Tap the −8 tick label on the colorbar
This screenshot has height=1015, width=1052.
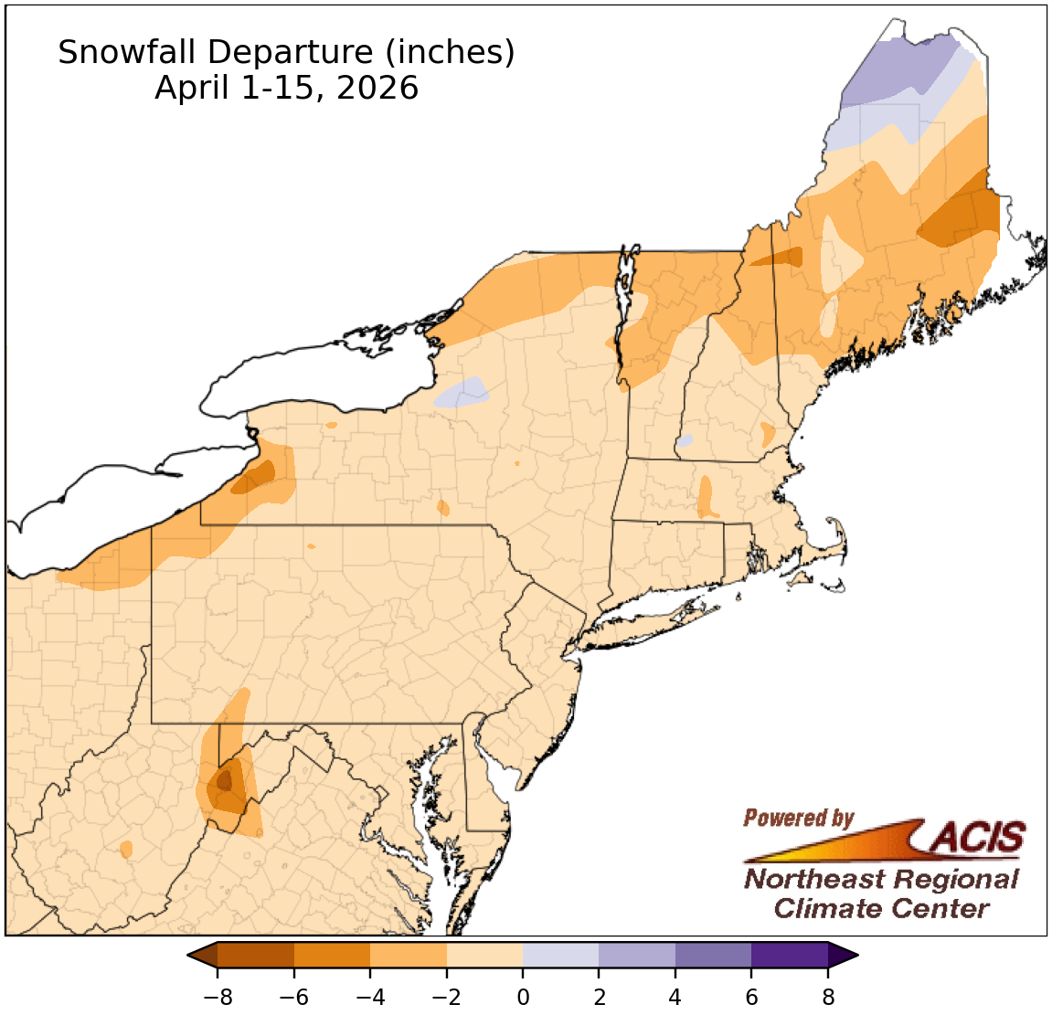point(217,997)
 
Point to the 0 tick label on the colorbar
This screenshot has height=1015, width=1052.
point(523,997)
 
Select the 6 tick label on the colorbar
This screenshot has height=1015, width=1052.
point(751,997)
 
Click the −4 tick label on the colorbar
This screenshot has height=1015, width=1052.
point(369,997)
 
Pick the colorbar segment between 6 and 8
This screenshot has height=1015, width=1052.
point(790,956)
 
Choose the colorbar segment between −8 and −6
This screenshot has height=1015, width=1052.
point(256,956)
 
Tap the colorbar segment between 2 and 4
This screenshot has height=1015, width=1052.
point(637,956)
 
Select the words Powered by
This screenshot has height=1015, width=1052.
point(798,818)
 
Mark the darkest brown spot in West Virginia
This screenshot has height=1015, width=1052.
point(223,781)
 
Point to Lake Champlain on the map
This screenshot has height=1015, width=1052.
point(624,301)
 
